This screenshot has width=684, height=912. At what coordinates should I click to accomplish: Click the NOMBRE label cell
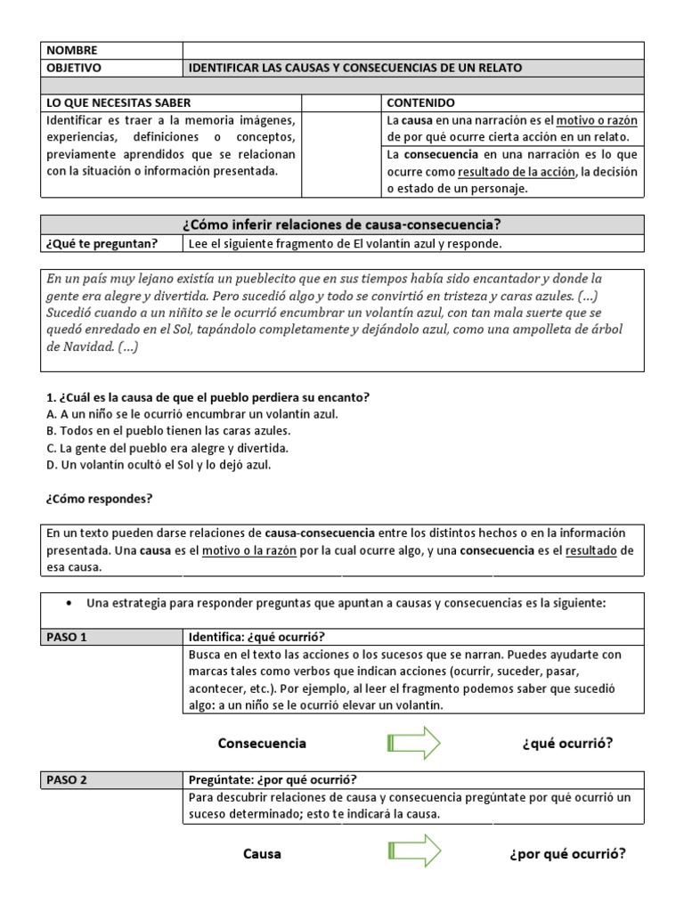(x=73, y=51)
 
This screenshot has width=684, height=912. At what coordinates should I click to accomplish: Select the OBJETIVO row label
(x=76, y=68)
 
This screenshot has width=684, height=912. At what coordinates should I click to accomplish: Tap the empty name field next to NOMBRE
(x=412, y=51)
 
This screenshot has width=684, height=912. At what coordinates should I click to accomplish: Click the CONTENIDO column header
(x=420, y=103)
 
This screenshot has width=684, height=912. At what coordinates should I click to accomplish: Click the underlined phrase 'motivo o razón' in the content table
(x=598, y=120)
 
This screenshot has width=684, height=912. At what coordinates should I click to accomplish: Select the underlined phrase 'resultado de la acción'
(x=516, y=172)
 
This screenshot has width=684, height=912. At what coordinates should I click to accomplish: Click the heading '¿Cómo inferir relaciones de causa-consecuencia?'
(x=342, y=224)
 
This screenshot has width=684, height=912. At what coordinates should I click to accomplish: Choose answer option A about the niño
(x=191, y=414)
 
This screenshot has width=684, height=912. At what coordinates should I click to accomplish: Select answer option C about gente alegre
(x=167, y=448)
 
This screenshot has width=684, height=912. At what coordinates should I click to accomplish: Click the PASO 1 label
(x=66, y=637)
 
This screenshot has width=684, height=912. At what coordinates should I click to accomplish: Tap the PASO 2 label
(x=66, y=780)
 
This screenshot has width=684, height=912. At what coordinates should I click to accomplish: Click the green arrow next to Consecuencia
(x=414, y=743)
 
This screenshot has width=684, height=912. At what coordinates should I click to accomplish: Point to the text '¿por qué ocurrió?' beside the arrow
(x=566, y=853)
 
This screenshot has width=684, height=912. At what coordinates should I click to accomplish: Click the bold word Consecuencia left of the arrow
(x=262, y=743)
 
